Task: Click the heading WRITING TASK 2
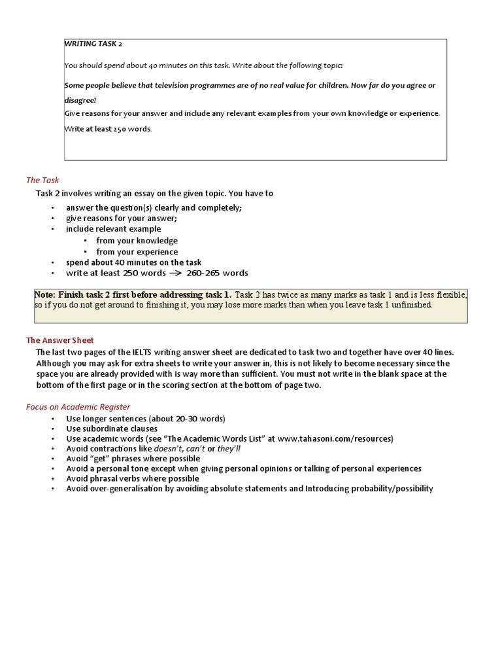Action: pos(93,44)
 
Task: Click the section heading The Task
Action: pos(42,180)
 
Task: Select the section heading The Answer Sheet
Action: pos(60,340)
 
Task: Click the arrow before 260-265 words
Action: pos(175,273)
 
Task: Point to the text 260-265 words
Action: pos(217,273)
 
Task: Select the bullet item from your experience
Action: pos(137,252)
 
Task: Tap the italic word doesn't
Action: pos(169,449)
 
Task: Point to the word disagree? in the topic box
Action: pos(80,100)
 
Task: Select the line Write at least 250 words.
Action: pos(108,129)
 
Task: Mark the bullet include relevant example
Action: pos(113,229)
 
